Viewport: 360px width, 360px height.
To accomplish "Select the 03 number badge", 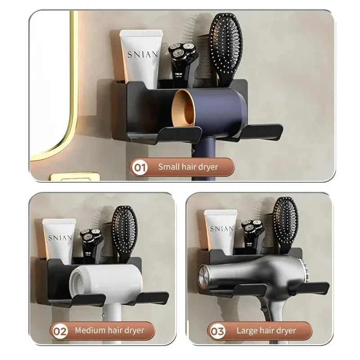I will tap(217, 331).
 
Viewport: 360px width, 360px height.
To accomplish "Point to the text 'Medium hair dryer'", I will tap(109, 331).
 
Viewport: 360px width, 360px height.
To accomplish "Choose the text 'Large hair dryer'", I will tap(266, 331).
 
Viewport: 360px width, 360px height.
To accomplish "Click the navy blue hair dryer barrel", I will tap(216, 111).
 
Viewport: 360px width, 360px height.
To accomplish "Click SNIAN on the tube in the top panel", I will tap(143, 54).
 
